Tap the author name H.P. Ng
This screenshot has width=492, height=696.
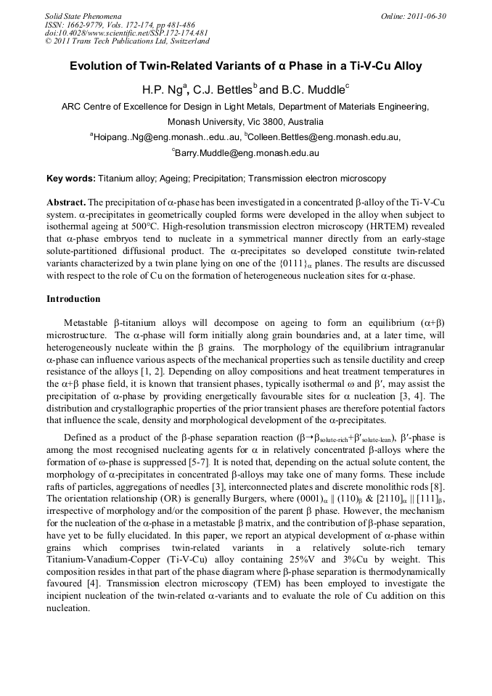162,90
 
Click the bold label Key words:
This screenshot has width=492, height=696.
71,178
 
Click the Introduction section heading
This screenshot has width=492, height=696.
73,299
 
